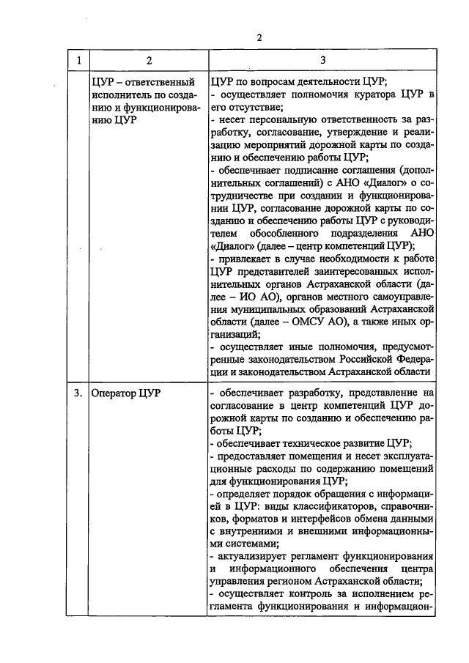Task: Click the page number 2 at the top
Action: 259,37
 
